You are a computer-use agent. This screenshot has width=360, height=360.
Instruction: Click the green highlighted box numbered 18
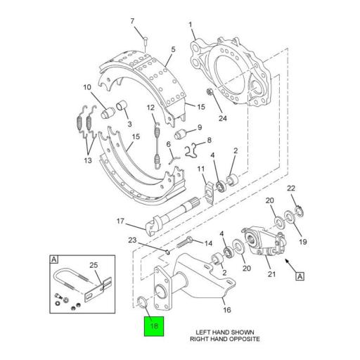click(154, 326)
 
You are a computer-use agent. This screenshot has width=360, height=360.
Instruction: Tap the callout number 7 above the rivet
click(132, 21)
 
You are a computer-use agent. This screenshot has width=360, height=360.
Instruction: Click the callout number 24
click(223, 118)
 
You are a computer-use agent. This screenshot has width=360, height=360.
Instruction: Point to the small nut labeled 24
click(210, 92)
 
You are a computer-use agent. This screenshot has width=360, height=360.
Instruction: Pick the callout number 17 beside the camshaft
click(120, 221)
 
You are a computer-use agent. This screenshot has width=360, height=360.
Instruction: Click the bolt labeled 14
click(185, 243)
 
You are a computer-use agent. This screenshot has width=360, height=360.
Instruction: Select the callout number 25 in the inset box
click(94, 265)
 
